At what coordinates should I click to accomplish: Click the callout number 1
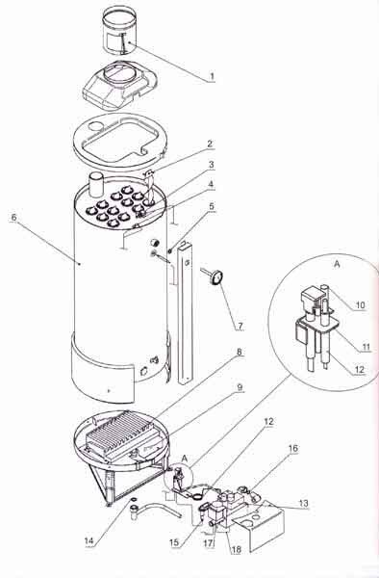point(212,77)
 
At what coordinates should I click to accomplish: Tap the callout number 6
point(14,217)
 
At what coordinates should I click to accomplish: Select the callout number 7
point(240,327)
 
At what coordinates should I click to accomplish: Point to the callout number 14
point(89,540)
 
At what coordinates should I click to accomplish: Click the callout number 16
point(293,448)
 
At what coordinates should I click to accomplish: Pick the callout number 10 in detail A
point(360,304)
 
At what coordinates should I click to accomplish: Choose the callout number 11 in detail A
point(366,347)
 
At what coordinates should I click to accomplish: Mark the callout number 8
point(240,352)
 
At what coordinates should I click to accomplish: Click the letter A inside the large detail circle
point(336,264)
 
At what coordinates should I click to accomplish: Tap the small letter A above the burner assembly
point(185,459)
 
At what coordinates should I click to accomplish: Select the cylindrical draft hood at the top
point(119,30)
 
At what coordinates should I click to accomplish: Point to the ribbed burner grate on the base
point(118,433)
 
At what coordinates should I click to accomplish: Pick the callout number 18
point(236,549)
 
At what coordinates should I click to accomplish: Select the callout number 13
point(304,503)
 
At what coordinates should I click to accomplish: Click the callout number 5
point(212,206)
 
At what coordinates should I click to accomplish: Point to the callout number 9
point(240,387)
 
